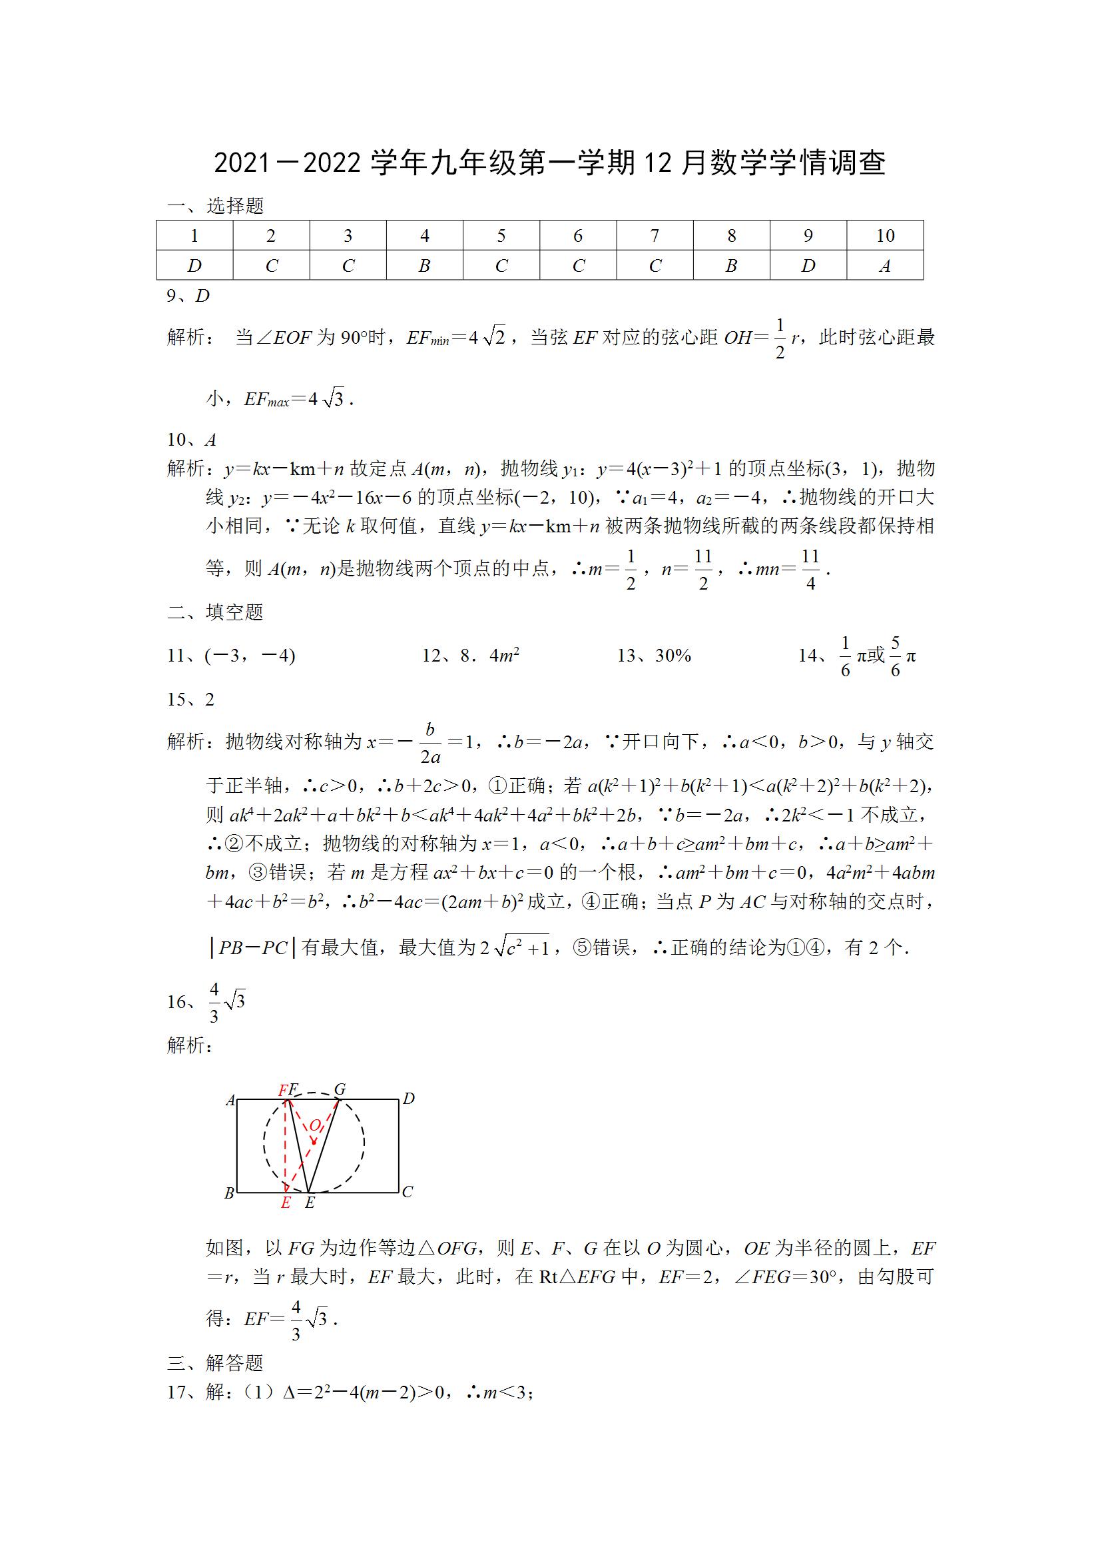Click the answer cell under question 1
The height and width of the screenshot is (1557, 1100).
tap(194, 266)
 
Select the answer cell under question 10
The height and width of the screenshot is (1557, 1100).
tap(884, 266)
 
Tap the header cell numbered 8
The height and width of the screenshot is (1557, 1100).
tap(731, 235)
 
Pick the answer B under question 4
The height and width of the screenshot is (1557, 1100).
tap(424, 266)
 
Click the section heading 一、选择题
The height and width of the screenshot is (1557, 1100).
tap(216, 205)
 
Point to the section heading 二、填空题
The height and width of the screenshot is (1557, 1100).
tap(216, 612)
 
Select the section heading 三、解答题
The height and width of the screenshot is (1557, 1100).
tap(216, 1363)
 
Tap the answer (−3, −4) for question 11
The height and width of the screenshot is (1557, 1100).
tap(250, 656)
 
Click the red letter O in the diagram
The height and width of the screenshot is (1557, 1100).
tap(314, 1127)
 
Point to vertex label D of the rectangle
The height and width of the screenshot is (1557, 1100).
tap(409, 1099)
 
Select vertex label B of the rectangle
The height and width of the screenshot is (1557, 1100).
tap(229, 1193)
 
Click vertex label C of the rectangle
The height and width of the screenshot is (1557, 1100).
tap(408, 1192)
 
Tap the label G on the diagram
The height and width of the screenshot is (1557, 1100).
tap(340, 1089)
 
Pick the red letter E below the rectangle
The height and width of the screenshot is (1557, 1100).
tap(286, 1203)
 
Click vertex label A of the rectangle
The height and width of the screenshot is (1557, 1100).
tap(230, 1100)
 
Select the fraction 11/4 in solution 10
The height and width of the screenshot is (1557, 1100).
tap(810, 569)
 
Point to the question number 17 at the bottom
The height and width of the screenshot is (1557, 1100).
tap(176, 1393)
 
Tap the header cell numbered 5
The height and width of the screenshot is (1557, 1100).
tap(501, 235)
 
